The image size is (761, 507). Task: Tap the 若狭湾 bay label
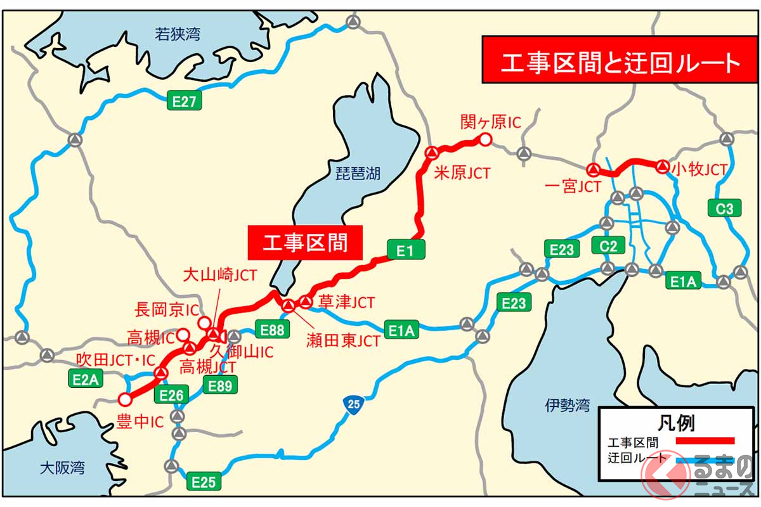tap(179, 34)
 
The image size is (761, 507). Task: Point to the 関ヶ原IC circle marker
tap(485, 139)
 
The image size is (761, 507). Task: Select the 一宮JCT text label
tap(573, 186)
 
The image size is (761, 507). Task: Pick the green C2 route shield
tap(608, 245)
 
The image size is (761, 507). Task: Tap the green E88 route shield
tap(272, 329)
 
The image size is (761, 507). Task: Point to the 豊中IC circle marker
tap(125, 399)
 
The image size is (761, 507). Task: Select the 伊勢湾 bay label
tap(567, 406)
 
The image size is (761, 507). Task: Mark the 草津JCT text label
tap(346, 302)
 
